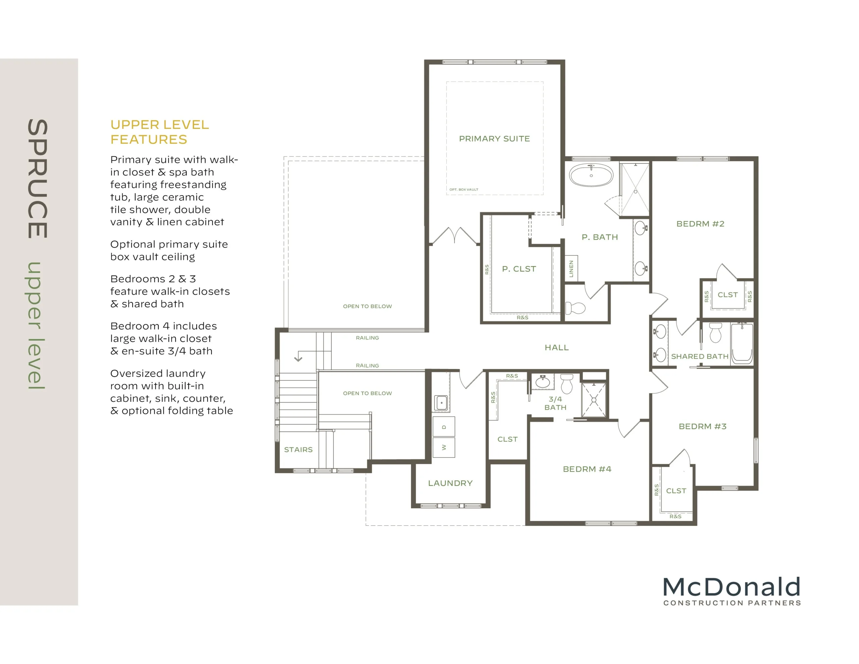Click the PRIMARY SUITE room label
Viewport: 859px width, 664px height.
[494, 139]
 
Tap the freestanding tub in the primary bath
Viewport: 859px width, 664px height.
[591, 175]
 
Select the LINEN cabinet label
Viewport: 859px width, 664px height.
[571, 269]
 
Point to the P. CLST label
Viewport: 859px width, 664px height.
[519, 269]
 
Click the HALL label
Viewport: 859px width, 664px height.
[557, 347]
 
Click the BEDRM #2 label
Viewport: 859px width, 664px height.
[700, 224]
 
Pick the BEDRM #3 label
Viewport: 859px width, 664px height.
[702, 426]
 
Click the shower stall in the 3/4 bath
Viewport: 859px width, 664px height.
[594, 400]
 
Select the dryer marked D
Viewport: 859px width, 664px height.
[444, 427]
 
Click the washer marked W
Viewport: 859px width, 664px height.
[444, 447]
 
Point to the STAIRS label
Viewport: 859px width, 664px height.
[298, 449]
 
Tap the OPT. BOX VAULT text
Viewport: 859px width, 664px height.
[464, 189]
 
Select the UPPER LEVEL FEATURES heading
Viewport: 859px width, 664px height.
[159, 132]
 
